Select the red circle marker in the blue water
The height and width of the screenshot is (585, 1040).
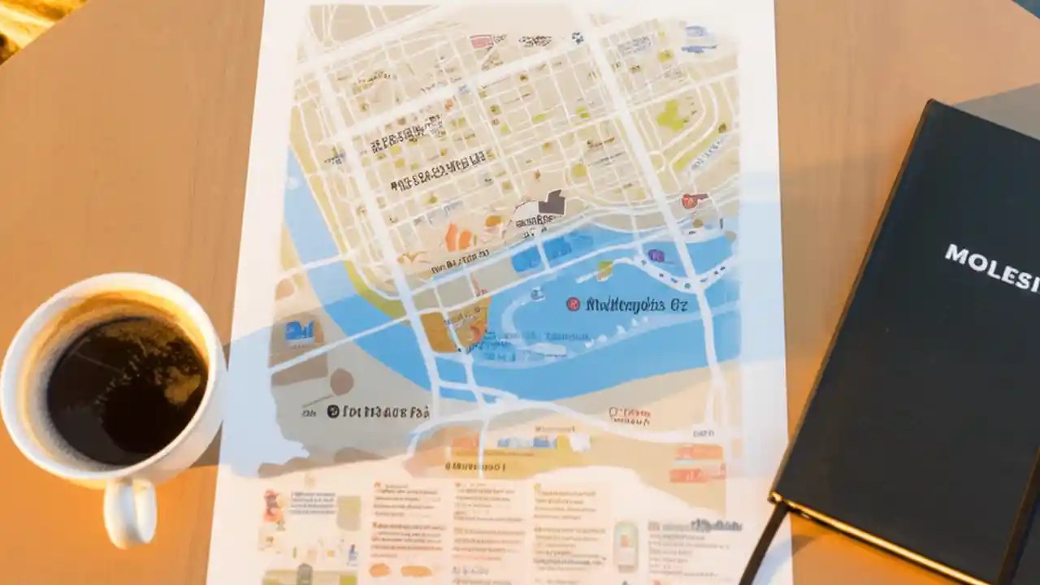[x=573, y=304]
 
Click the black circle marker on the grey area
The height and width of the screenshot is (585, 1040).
[x=332, y=411]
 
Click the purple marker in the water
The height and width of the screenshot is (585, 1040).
[x=656, y=256]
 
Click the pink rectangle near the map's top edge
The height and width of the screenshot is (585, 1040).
[x=481, y=41]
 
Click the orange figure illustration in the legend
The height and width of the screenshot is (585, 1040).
[x=273, y=507]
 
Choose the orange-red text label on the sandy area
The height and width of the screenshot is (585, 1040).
[x=630, y=414]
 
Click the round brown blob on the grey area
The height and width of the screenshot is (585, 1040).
[x=341, y=381]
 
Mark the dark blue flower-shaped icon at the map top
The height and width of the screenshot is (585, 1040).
[x=577, y=37]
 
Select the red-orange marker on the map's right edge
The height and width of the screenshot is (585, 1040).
[x=691, y=200]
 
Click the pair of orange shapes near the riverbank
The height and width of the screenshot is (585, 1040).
[x=458, y=237]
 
